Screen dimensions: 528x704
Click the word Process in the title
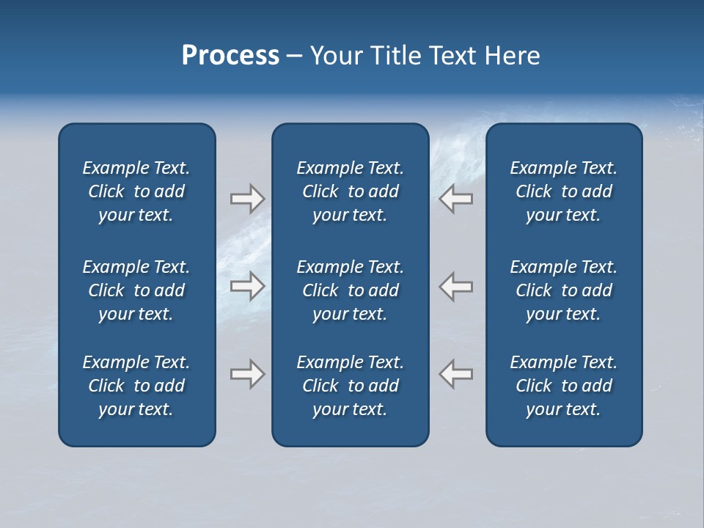[230, 56]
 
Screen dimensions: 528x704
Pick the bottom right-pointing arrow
[247, 374]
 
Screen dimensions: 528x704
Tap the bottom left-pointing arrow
[456, 374]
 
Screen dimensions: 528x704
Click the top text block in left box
[136, 191]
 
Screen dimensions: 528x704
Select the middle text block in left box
[136, 290]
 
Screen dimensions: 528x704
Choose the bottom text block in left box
[136, 386]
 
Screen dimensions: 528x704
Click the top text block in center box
[350, 191]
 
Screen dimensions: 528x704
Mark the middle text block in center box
[350, 290]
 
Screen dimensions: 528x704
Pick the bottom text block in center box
[350, 386]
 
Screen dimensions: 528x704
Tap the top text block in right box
[563, 191]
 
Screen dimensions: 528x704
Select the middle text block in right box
[563, 290]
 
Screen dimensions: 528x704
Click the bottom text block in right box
[563, 386]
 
